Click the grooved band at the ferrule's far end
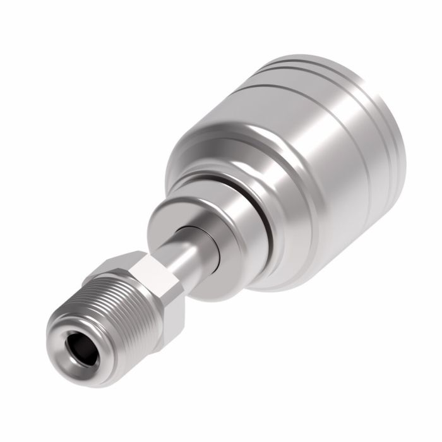pos(354,88)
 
